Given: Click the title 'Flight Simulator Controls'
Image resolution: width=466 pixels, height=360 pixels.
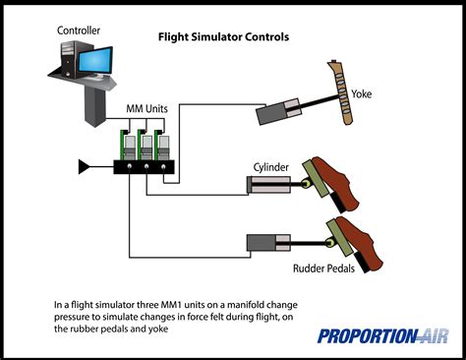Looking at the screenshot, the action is (223, 36).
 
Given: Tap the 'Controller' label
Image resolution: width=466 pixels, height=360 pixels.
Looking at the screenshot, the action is (79, 30).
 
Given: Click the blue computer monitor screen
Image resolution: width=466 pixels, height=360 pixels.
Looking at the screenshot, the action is (95, 61).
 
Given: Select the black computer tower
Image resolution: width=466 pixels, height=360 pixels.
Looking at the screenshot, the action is (69, 59).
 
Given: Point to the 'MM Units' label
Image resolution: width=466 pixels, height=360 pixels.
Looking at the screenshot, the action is (146, 108).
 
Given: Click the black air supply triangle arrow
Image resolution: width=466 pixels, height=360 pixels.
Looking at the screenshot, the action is (84, 166).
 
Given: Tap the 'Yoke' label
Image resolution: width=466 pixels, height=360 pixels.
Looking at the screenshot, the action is (362, 94).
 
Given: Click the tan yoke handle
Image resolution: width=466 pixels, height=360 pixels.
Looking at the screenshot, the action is (342, 93).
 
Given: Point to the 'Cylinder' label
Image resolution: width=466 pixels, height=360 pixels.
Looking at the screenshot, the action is (271, 167).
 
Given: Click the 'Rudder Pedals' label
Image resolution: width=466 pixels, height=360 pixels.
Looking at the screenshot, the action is (323, 269).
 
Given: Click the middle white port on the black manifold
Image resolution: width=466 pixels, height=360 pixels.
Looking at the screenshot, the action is (146, 166).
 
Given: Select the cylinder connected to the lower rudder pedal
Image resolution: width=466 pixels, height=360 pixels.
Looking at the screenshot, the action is (268, 243).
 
